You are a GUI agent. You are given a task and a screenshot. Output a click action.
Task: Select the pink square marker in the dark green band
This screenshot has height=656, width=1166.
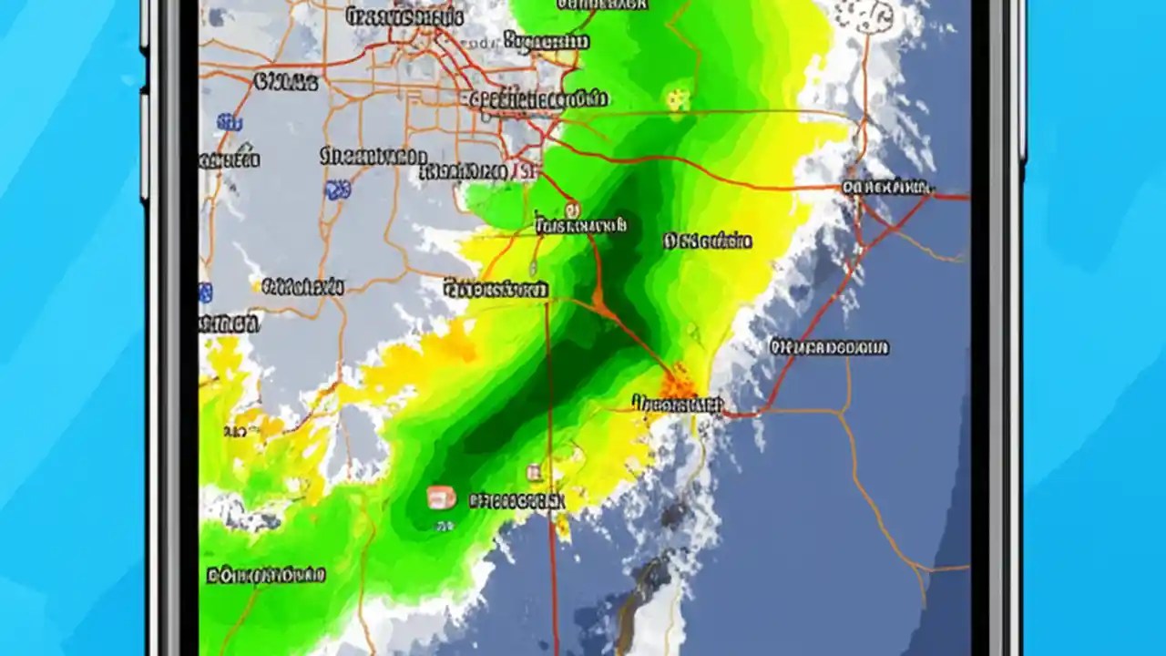tap(441, 497)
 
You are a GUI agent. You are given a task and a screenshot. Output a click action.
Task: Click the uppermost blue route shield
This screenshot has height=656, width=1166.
tap(229, 122)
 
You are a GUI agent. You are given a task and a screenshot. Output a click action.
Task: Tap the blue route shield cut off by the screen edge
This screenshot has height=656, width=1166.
tap(205, 292)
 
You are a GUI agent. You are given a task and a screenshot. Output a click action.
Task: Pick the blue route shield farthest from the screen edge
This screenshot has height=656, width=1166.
tap(338, 190)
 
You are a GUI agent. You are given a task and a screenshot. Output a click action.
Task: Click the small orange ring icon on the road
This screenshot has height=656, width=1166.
tap(571, 206)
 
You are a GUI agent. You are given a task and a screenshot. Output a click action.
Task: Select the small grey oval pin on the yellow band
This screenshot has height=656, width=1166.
tap(533, 267)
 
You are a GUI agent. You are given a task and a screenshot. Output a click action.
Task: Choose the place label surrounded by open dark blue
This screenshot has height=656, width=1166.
tap(829, 347)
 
